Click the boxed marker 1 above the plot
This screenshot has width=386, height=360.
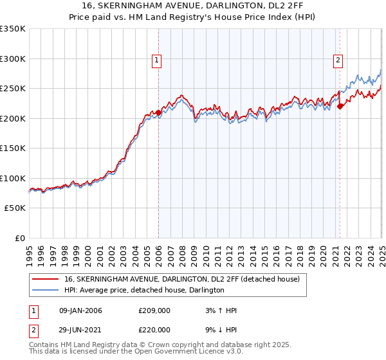click(x=157, y=61)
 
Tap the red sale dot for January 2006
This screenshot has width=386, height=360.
click(x=158, y=113)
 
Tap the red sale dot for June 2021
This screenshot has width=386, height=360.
click(x=340, y=107)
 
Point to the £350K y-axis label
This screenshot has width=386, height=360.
click(x=13, y=29)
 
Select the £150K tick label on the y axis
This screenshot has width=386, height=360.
click(x=13, y=148)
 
